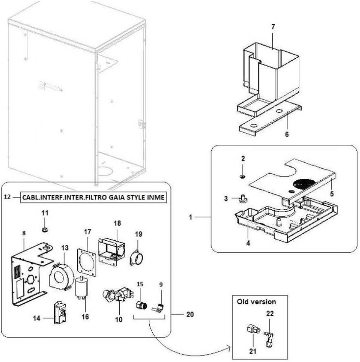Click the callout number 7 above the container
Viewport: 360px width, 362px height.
[273, 26]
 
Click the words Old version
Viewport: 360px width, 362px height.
[256, 301]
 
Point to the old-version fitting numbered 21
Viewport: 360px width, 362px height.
[251, 331]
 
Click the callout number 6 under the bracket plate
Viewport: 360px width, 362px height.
[286, 134]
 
